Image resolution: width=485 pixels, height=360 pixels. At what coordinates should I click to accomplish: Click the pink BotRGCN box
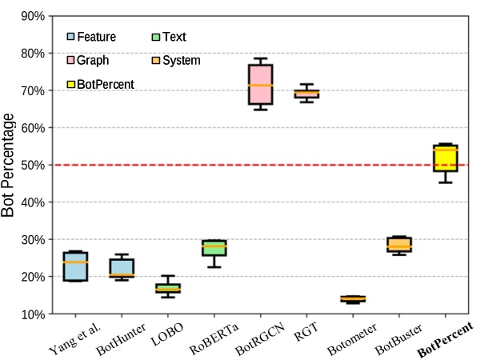[x=260, y=85]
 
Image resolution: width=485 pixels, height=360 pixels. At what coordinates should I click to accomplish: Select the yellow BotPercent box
[x=444, y=158]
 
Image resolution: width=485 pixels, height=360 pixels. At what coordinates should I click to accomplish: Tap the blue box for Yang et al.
[x=75, y=266]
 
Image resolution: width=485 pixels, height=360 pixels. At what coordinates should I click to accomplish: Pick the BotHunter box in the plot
[x=122, y=267]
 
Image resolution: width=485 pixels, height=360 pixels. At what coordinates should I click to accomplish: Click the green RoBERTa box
[x=214, y=247]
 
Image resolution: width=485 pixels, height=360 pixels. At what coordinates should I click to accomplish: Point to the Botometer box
[x=352, y=299]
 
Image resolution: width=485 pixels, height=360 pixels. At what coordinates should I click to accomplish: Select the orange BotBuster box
[x=399, y=244]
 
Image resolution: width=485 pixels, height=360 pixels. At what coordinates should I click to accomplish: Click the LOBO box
[x=167, y=288]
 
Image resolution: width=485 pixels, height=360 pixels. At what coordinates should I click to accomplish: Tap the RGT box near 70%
[x=307, y=94]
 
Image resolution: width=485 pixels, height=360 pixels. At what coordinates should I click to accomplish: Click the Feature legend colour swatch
[x=71, y=37]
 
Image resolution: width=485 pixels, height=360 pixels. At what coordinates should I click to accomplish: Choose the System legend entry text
[x=181, y=60]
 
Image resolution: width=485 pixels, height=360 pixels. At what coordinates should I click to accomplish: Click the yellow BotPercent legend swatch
[x=71, y=83]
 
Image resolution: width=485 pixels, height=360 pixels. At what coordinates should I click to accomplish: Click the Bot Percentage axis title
[x=10, y=166]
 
